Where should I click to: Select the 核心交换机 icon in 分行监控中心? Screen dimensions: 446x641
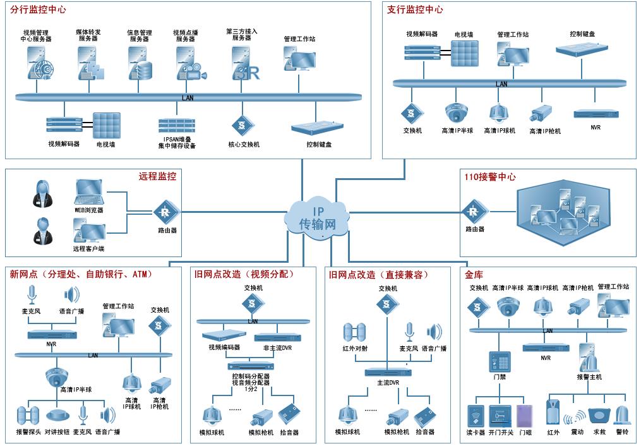tap(242, 124)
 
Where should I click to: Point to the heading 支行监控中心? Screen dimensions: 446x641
tap(415, 10)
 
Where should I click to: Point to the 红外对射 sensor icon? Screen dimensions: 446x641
tap(355, 332)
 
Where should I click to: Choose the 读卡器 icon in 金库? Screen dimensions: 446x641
tap(476, 416)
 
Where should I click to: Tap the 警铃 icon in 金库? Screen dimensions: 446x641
tap(622, 416)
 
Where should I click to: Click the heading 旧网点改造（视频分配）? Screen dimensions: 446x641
tap(244, 274)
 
